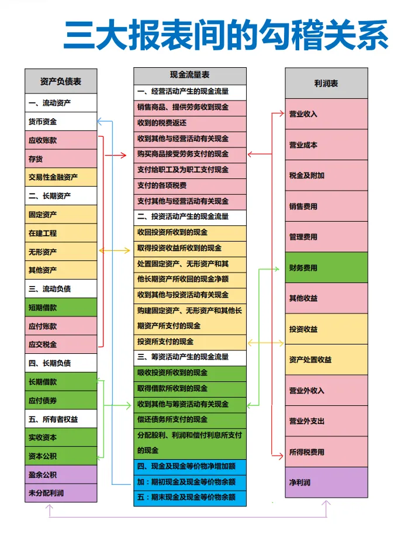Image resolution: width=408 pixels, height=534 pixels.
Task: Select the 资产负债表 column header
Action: coord(61,81)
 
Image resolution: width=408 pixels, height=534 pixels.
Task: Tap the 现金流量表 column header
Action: coord(190,75)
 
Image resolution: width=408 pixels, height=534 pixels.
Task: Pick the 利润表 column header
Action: coord(326,83)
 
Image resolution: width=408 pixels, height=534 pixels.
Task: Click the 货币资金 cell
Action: coord(61,122)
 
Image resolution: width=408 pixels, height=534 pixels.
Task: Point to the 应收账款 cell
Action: coord(61,140)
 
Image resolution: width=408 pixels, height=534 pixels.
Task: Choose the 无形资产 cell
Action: coord(61,252)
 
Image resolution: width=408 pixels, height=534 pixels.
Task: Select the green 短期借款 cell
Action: coord(61,307)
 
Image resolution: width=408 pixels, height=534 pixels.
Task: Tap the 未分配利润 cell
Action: coord(61,493)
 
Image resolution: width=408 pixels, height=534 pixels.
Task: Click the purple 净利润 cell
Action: coord(326,483)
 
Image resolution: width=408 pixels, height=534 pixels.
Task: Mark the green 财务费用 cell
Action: coord(326,268)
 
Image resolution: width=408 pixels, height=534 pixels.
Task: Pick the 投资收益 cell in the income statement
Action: coord(326,329)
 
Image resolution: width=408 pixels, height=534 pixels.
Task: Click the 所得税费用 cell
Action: coord(326,452)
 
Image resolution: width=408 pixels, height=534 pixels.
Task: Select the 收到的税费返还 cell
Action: coord(190,123)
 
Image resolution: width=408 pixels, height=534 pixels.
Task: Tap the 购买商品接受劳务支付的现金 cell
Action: coord(190,154)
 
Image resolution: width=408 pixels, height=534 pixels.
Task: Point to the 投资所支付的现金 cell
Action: coord(190,342)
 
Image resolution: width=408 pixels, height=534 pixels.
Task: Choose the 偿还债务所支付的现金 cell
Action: coord(190,419)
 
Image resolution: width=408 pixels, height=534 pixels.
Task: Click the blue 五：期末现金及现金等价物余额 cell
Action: coord(190,498)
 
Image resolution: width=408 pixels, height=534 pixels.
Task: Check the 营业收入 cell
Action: coord(326,114)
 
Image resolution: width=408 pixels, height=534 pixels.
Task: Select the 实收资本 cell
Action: coord(61,437)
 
